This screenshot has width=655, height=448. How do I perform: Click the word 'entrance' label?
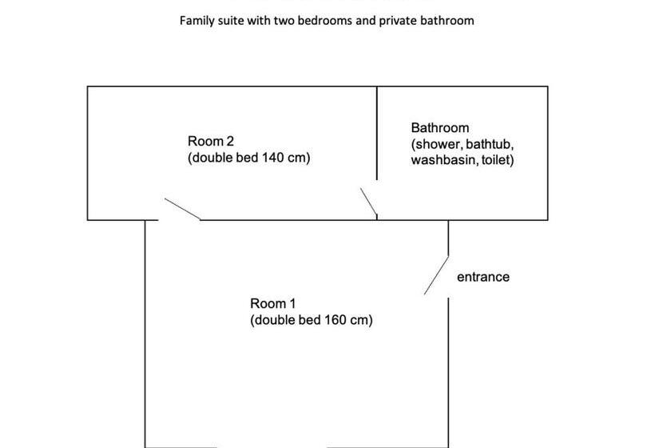483,277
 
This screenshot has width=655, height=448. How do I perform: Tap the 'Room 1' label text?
272,303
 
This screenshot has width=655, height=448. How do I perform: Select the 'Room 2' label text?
211,141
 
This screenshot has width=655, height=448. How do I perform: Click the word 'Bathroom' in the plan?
440,127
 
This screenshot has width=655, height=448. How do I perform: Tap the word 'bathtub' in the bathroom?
489,144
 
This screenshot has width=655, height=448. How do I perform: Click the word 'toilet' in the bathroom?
496,160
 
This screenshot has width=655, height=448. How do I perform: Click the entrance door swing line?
436,275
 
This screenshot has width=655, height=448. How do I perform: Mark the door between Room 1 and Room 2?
182,209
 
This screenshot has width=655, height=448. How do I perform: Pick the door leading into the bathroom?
369,202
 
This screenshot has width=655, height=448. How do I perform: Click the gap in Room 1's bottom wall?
272,447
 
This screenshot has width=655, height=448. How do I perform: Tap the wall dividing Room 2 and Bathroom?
377,133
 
